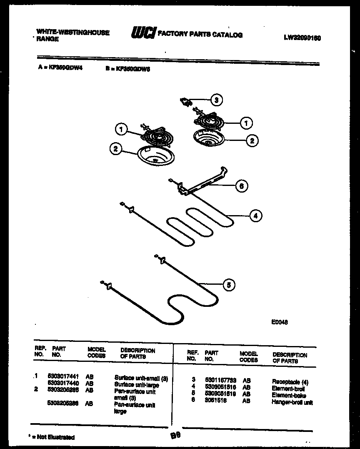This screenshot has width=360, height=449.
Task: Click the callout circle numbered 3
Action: (x=215, y=100)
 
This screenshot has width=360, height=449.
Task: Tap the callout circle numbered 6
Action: (x=241, y=186)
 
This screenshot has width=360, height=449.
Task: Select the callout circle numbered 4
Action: (x=255, y=216)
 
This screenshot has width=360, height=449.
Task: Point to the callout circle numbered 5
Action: (x=228, y=285)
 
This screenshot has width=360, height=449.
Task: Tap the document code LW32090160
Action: (x=302, y=38)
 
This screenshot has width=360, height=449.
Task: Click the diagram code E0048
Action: (x=279, y=322)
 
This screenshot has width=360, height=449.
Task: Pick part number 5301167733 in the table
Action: (x=220, y=380)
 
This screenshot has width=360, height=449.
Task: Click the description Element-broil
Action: (x=288, y=388)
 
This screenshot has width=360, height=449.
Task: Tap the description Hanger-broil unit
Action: (x=292, y=402)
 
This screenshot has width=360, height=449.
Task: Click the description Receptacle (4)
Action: (x=290, y=381)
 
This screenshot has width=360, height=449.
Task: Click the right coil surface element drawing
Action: (x=208, y=122)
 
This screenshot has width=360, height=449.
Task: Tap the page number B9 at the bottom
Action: (x=175, y=435)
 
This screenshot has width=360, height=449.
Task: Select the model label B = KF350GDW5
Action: (x=127, y=70)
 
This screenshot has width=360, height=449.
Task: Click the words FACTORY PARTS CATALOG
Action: (x=200, y=35)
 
